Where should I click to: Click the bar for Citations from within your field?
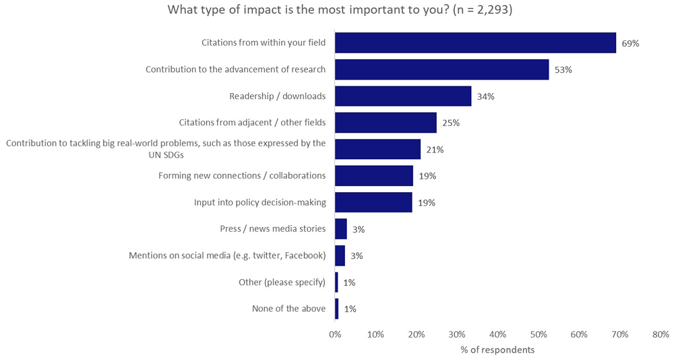coord(475,42)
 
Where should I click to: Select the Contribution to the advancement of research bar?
coord(441,69)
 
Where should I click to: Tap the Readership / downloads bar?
coord(403,96)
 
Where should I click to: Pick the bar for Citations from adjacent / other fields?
coord(386,123)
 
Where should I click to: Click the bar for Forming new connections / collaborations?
coord(373,176)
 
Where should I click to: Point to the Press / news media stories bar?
coord(341,229)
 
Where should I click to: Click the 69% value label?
coord(630,43)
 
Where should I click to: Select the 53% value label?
coord(563,69)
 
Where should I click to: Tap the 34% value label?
coord(485,96)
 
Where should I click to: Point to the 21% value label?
coord(434,150)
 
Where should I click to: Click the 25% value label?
coord(450,123)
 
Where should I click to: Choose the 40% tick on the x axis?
coord(497,334)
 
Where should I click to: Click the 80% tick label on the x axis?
coord(661,334)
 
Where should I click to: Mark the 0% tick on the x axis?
coord(335,334)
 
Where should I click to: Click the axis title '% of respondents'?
coord(497,350)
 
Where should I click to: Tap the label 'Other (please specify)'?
coord(282,282)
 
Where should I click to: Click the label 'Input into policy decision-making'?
coord(259,202)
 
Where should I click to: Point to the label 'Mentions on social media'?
coord(227,256)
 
